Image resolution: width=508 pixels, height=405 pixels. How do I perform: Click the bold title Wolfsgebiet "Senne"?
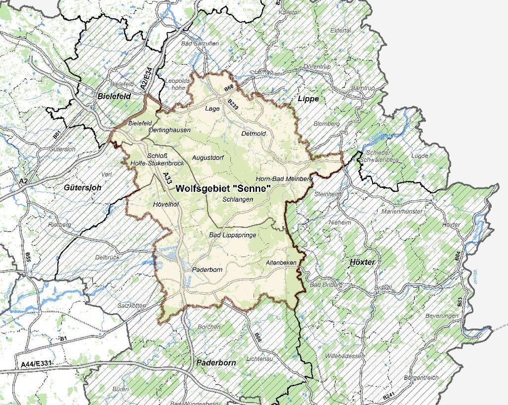223,188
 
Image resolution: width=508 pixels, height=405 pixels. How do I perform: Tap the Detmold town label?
254,134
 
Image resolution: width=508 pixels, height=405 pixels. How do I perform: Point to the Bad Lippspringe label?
232,235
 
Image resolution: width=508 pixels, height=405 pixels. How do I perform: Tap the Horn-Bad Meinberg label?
283,178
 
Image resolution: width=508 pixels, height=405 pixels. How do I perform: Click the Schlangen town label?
238,199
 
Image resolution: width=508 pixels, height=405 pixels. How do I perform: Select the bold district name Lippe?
308,99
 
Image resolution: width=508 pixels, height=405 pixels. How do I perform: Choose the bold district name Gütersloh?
82,188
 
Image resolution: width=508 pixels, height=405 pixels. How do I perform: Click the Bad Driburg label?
323,286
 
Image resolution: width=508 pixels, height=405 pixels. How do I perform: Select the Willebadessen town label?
344,356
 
